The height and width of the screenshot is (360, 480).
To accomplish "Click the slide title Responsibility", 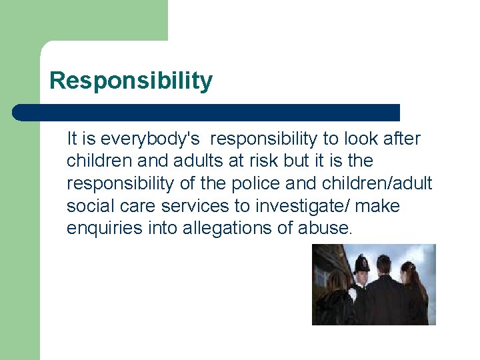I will (131, 81).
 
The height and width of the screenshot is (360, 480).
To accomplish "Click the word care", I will (140, 206).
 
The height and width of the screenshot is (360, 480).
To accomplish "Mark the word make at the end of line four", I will (377, 206).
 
